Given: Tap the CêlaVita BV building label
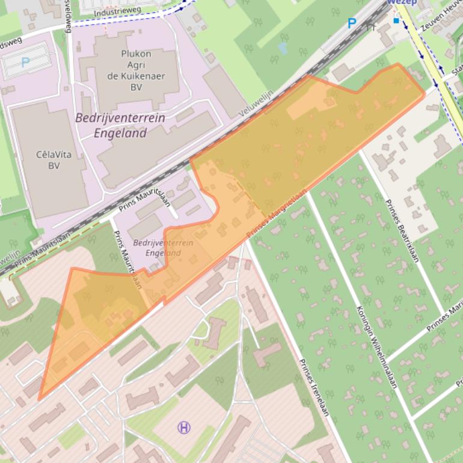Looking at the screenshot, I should pos(54,159).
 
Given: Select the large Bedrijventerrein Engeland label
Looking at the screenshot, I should pos(120,125).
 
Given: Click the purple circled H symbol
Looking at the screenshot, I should pos(184,428).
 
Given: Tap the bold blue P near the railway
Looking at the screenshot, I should pos(352,23).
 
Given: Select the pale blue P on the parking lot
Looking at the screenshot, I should pos(25,61).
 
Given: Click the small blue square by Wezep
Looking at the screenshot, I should pos(396,21).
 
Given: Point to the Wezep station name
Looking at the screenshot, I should pos(402,2).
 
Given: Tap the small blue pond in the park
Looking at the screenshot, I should pos(283,48).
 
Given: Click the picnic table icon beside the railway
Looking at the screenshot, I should pos(371,26).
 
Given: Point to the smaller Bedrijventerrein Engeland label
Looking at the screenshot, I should pos(163,248).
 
